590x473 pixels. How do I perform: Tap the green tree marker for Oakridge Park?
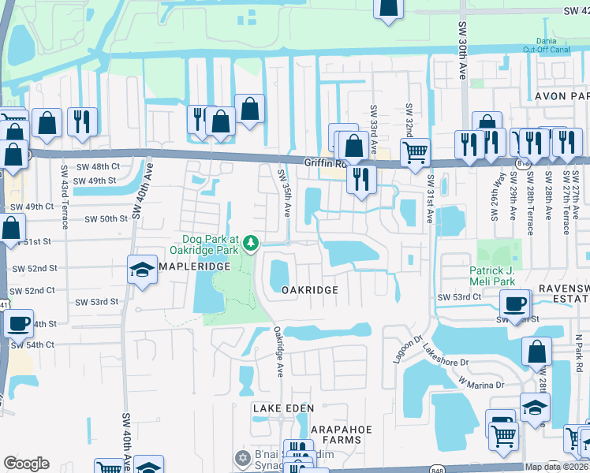pos(252,243)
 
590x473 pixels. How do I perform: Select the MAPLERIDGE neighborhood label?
pos(196,267)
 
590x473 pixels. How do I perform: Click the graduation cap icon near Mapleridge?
pos(143,270)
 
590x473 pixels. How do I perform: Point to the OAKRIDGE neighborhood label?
pos(310,290)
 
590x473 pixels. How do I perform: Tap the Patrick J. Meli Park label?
pos(487,275)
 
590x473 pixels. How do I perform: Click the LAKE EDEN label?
pos(283,408)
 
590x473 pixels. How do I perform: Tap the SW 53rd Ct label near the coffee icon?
pos(460,296)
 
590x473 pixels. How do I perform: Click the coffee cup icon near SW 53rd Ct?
pos(515,304)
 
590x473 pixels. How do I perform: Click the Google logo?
pos(26,463)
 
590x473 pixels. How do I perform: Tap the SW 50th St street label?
pos(106,219)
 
